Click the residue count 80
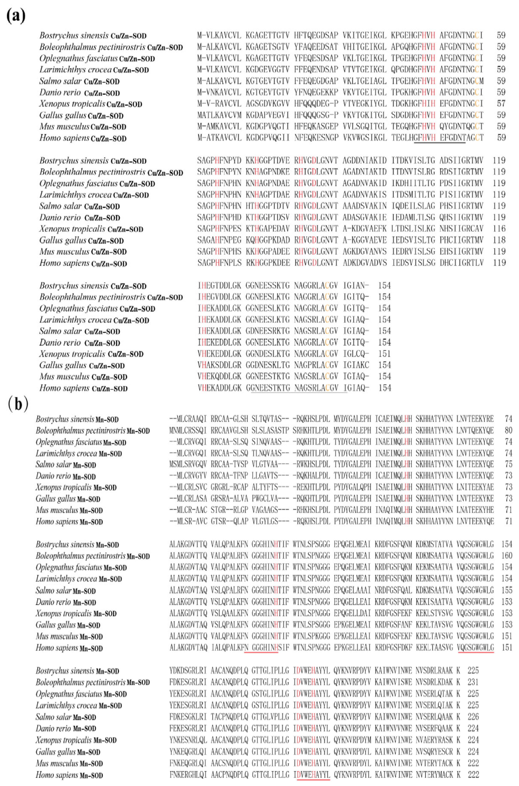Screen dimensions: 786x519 pyautogui.click(x=508, y=430)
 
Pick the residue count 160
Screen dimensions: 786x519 pyautogui.click(x=507, y=556)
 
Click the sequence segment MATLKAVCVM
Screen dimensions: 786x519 pyautogui.click(x=219, y=115)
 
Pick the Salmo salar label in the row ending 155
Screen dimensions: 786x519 pyautogui.click(x=54, y=590)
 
